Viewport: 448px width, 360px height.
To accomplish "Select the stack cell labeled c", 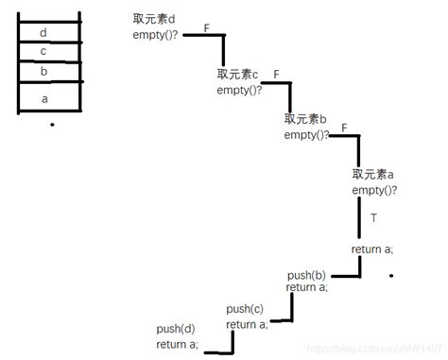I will click(x=44, y=51).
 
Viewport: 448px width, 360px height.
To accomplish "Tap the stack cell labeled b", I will click(x=44, y=70).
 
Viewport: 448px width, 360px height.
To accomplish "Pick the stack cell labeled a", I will click(x=44, y=96).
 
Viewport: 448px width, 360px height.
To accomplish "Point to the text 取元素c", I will click(x=237, y=75).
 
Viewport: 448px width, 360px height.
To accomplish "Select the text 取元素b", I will click(x=305, y=119).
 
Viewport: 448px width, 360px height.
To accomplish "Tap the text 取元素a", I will click(x=373, y=175).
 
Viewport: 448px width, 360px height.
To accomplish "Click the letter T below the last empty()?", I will click(x=373, y=218).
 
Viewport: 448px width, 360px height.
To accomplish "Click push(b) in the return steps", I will click(x=306, y=275).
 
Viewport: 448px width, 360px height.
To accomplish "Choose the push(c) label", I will click(x=245, y=309).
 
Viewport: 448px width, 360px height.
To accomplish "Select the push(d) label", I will click(x=175, y=329).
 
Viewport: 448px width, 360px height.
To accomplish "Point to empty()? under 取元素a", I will click(x=375, y=191).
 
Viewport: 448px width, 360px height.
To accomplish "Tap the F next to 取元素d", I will click(x=206, y=29).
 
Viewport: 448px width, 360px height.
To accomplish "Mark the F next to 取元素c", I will click(x=276, y=74).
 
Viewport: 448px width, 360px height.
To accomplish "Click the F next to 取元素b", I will click(x=344, y=127).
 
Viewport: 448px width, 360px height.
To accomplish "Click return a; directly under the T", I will click(x=372, y=249).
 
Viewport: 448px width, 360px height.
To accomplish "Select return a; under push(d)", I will click(x=178, y=345).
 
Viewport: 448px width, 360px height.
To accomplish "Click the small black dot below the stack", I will click(x=53, y=125).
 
